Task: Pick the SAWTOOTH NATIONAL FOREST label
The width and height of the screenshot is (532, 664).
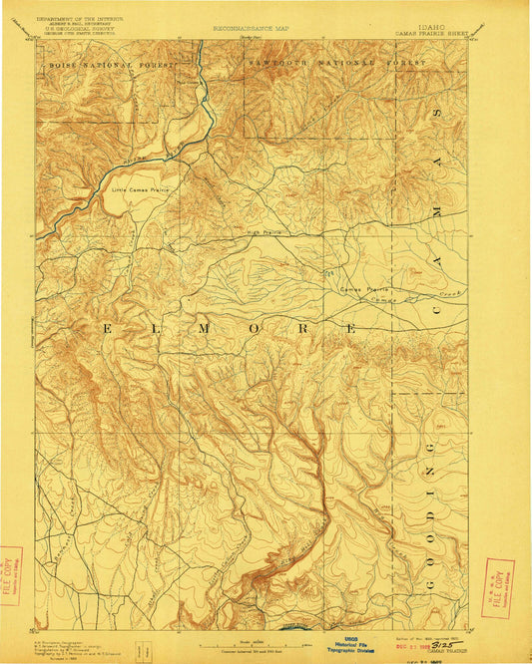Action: click(334, 62)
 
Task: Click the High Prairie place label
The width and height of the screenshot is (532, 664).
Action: click(265, 233)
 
